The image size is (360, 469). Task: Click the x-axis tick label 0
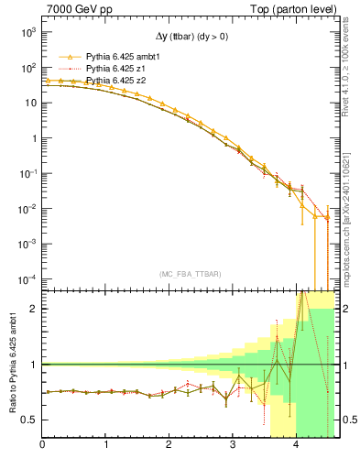[x=43, y=444]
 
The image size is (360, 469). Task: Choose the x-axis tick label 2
[x=169, y=444]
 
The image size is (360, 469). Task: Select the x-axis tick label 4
[x=296, y=444]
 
